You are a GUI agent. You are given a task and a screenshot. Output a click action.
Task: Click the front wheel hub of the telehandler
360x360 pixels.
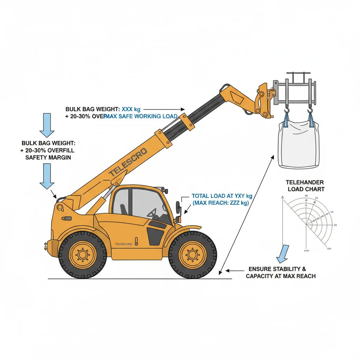click(x=192, y=255)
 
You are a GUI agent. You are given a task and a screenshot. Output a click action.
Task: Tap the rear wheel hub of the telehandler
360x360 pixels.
click(x=82, y=255)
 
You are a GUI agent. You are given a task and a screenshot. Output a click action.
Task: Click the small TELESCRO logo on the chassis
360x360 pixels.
click(x=123, y=244)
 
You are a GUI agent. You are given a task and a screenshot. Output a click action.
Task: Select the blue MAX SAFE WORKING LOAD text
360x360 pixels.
click(x=141, y=116)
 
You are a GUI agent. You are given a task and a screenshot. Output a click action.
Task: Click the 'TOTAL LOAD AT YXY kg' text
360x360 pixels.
click(x=222, y=196)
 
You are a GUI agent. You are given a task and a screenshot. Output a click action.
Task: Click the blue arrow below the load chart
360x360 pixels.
click(x=283, y=254)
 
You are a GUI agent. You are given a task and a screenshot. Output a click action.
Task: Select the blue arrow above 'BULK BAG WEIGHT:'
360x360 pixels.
click(x=47, y=125)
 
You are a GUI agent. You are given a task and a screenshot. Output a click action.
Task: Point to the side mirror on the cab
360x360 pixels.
click(x=178, y=207)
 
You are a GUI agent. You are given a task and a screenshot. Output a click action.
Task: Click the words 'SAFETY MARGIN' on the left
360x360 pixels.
click(x=48, y=157)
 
